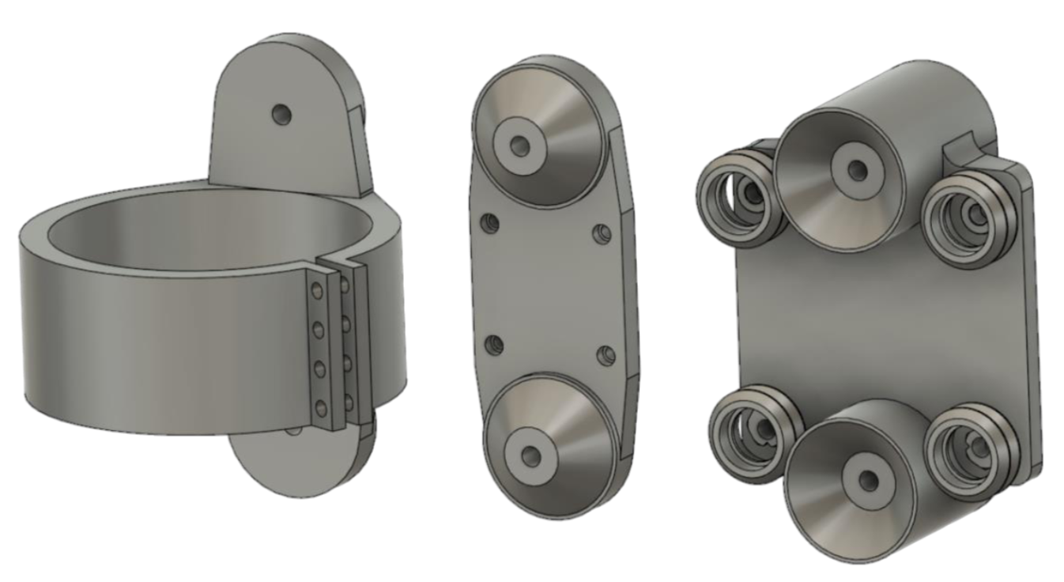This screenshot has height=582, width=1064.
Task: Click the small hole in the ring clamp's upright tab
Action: click(x=281, y=115)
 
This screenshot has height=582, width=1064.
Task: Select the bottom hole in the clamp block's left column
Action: click(x=320, y=408)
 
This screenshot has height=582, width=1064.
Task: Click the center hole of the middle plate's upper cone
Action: click(x=519, y=145)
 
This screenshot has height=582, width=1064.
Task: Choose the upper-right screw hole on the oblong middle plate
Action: click(x=603, y=233)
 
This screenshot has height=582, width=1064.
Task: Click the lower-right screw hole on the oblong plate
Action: click(x=606, y=353)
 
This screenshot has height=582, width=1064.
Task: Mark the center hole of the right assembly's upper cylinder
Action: click(x=855, y=168)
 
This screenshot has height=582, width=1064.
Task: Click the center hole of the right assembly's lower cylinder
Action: click(x=870, y=479)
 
